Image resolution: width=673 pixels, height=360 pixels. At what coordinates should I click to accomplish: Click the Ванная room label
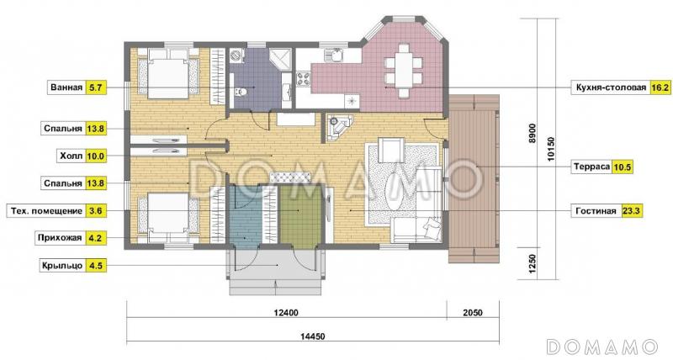pyautogui.click(x=66, y=88)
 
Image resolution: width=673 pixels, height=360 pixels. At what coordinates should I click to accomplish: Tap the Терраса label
pyautogui.click(x=591, y=167)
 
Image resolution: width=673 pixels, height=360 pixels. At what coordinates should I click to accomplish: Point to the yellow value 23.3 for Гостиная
pyautogui.click(x=633, y=211)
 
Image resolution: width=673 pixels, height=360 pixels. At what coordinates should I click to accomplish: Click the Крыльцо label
pyautogui.click(x=61, y=266)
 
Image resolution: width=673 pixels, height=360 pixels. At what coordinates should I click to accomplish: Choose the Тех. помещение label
pyautogui.click(x=45, y=211)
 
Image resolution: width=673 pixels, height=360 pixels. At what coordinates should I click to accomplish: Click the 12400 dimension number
pyautogui.click(x=285, y=313)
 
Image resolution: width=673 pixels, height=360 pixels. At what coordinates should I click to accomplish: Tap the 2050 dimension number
pyautogui.click(x=473, y=313)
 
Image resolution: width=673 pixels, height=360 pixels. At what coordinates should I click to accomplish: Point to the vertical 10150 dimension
pyautogui.click(x=552, y=149)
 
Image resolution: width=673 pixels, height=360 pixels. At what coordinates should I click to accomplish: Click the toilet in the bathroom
pyautogui.click(x=241, y=91)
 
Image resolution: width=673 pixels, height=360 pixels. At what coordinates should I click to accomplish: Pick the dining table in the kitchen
pyautogui.click(x=403, y=71)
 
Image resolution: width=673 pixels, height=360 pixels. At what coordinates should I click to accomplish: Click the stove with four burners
pyautogui.click(x=304, y=79)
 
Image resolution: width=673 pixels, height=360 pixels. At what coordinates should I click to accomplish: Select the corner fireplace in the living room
pyautogui.click(x=339, y=128)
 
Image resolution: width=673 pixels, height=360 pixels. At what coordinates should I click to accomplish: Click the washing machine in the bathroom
pyautogui.click(x=236, y=56)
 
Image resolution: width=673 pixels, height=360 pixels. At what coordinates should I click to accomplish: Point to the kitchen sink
pyautogui.click(x=333, y=55)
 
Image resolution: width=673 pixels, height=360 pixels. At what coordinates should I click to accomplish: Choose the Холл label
pyautogui.click(x=71, y=156)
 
